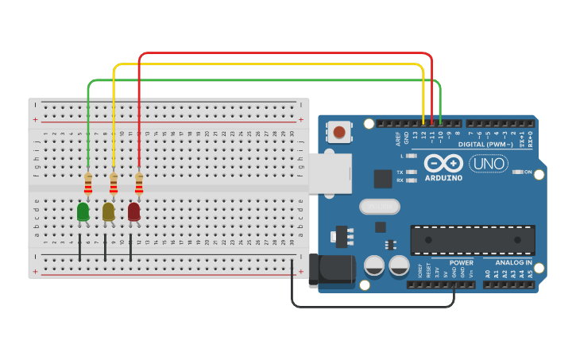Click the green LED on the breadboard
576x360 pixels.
83,211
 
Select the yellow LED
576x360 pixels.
108,211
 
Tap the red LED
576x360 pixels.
133,211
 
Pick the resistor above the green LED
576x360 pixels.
88,184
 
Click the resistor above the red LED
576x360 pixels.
139,184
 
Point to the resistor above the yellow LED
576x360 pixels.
114,184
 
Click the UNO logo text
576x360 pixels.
488,164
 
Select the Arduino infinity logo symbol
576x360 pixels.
443,164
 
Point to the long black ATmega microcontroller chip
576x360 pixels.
472,240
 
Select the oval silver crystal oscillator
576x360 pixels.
379,207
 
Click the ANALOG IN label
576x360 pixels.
513,262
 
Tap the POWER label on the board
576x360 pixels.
462,262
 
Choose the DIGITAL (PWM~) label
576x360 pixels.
484,144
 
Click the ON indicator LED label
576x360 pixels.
527,172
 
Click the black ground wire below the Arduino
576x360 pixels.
373,307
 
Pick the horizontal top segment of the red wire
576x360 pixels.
286,53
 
